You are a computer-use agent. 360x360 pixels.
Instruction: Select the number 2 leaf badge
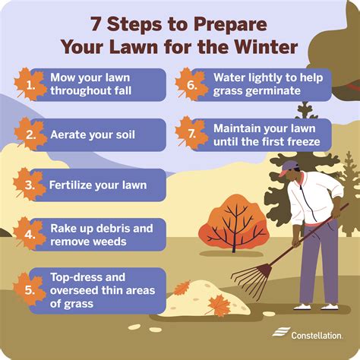pos(30,134)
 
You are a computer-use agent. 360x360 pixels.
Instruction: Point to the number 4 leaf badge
pos(30,235)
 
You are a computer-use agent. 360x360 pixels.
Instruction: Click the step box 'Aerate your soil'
pos(96,134)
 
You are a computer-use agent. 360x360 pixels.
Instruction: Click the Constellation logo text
pos(319,335)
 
